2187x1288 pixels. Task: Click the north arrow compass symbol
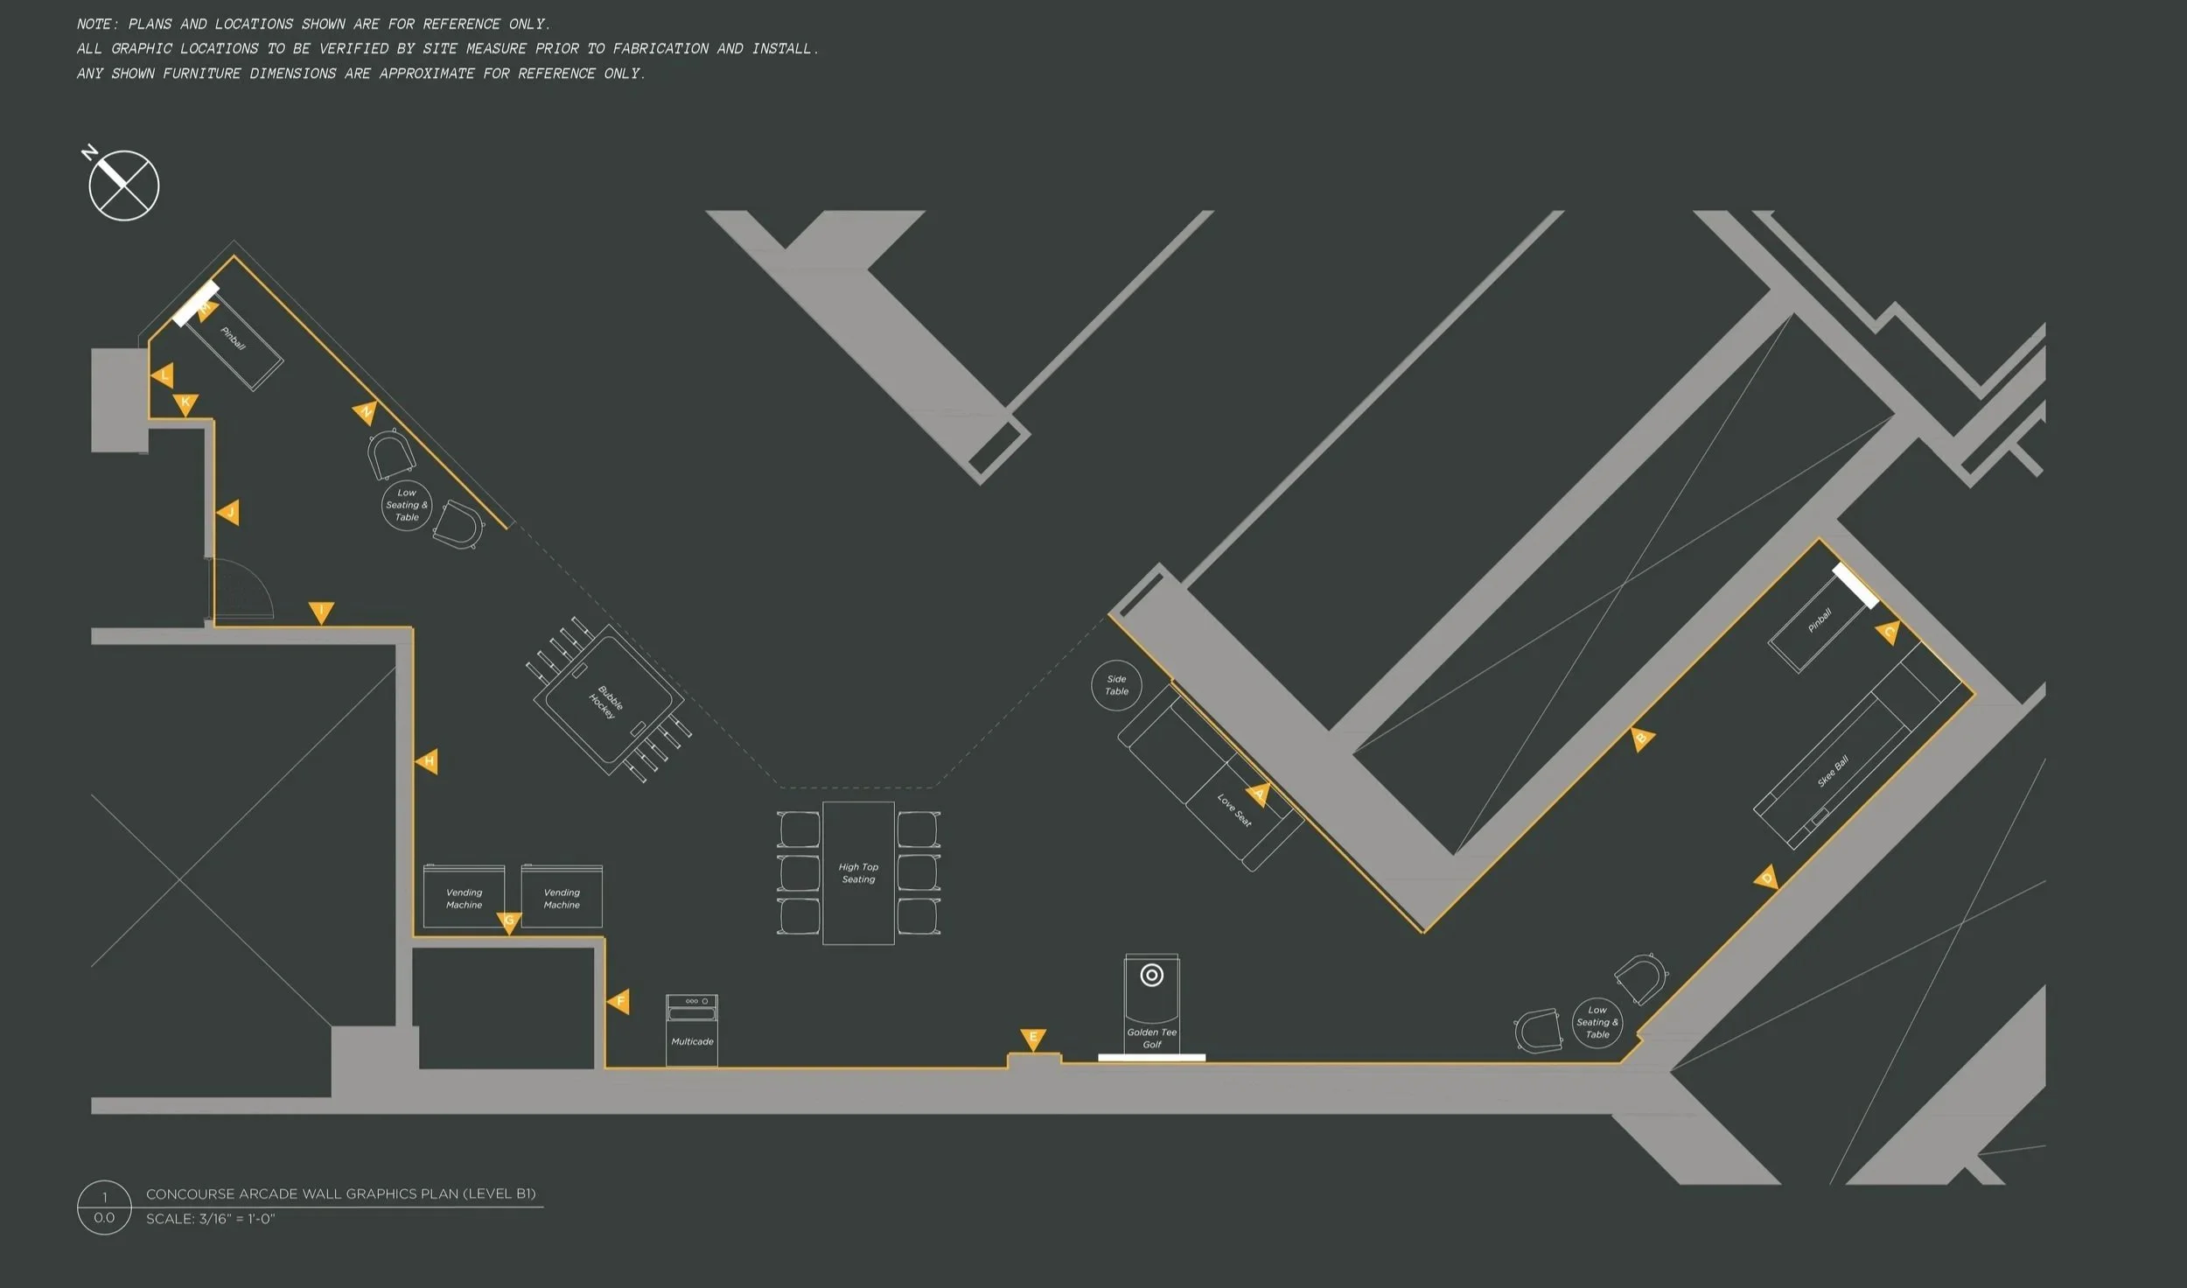(123, 185)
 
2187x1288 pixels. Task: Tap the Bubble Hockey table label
(606, 703)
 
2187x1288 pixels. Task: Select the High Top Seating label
(858, 873)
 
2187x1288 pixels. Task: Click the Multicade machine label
(692, 1041)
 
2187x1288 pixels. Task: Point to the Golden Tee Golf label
(1152, 1038)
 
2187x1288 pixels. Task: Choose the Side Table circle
(1116, 685)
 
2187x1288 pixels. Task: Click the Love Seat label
(1234, 810)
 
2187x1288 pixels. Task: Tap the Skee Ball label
(1833, 771)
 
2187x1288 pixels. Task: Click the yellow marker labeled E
(1033, 1039)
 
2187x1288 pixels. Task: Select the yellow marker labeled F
(618, 1001)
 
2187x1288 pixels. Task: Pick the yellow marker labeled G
(509, 922)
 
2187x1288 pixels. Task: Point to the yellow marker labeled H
(427, 761)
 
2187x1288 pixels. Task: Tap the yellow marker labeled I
(321, 612)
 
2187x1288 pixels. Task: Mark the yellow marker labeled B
(1642, 738)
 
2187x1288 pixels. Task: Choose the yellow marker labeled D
(1766, 878)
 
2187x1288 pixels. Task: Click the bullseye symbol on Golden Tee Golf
(1152, 975)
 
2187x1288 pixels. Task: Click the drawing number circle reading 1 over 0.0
(104, 1207)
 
